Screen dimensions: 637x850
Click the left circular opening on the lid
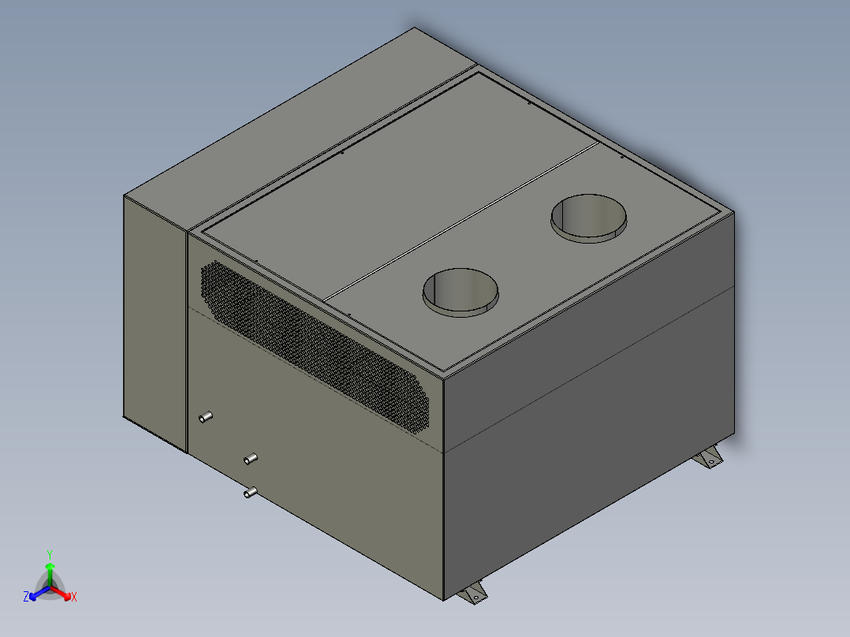coord(461,292)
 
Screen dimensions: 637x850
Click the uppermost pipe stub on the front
coord(206,417)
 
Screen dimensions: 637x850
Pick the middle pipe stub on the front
coord(251,459)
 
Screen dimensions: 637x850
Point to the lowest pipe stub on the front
coord(250,493)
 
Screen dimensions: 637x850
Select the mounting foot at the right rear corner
coord(710,456)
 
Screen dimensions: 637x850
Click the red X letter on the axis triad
coord(73,598)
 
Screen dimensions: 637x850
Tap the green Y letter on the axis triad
coord(50,554)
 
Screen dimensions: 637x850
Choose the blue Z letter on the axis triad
coord(26,598)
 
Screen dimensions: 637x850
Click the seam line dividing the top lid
coord(461,220)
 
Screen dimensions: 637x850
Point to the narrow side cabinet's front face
coord(155,315)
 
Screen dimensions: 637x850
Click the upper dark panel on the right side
coord(591,315)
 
